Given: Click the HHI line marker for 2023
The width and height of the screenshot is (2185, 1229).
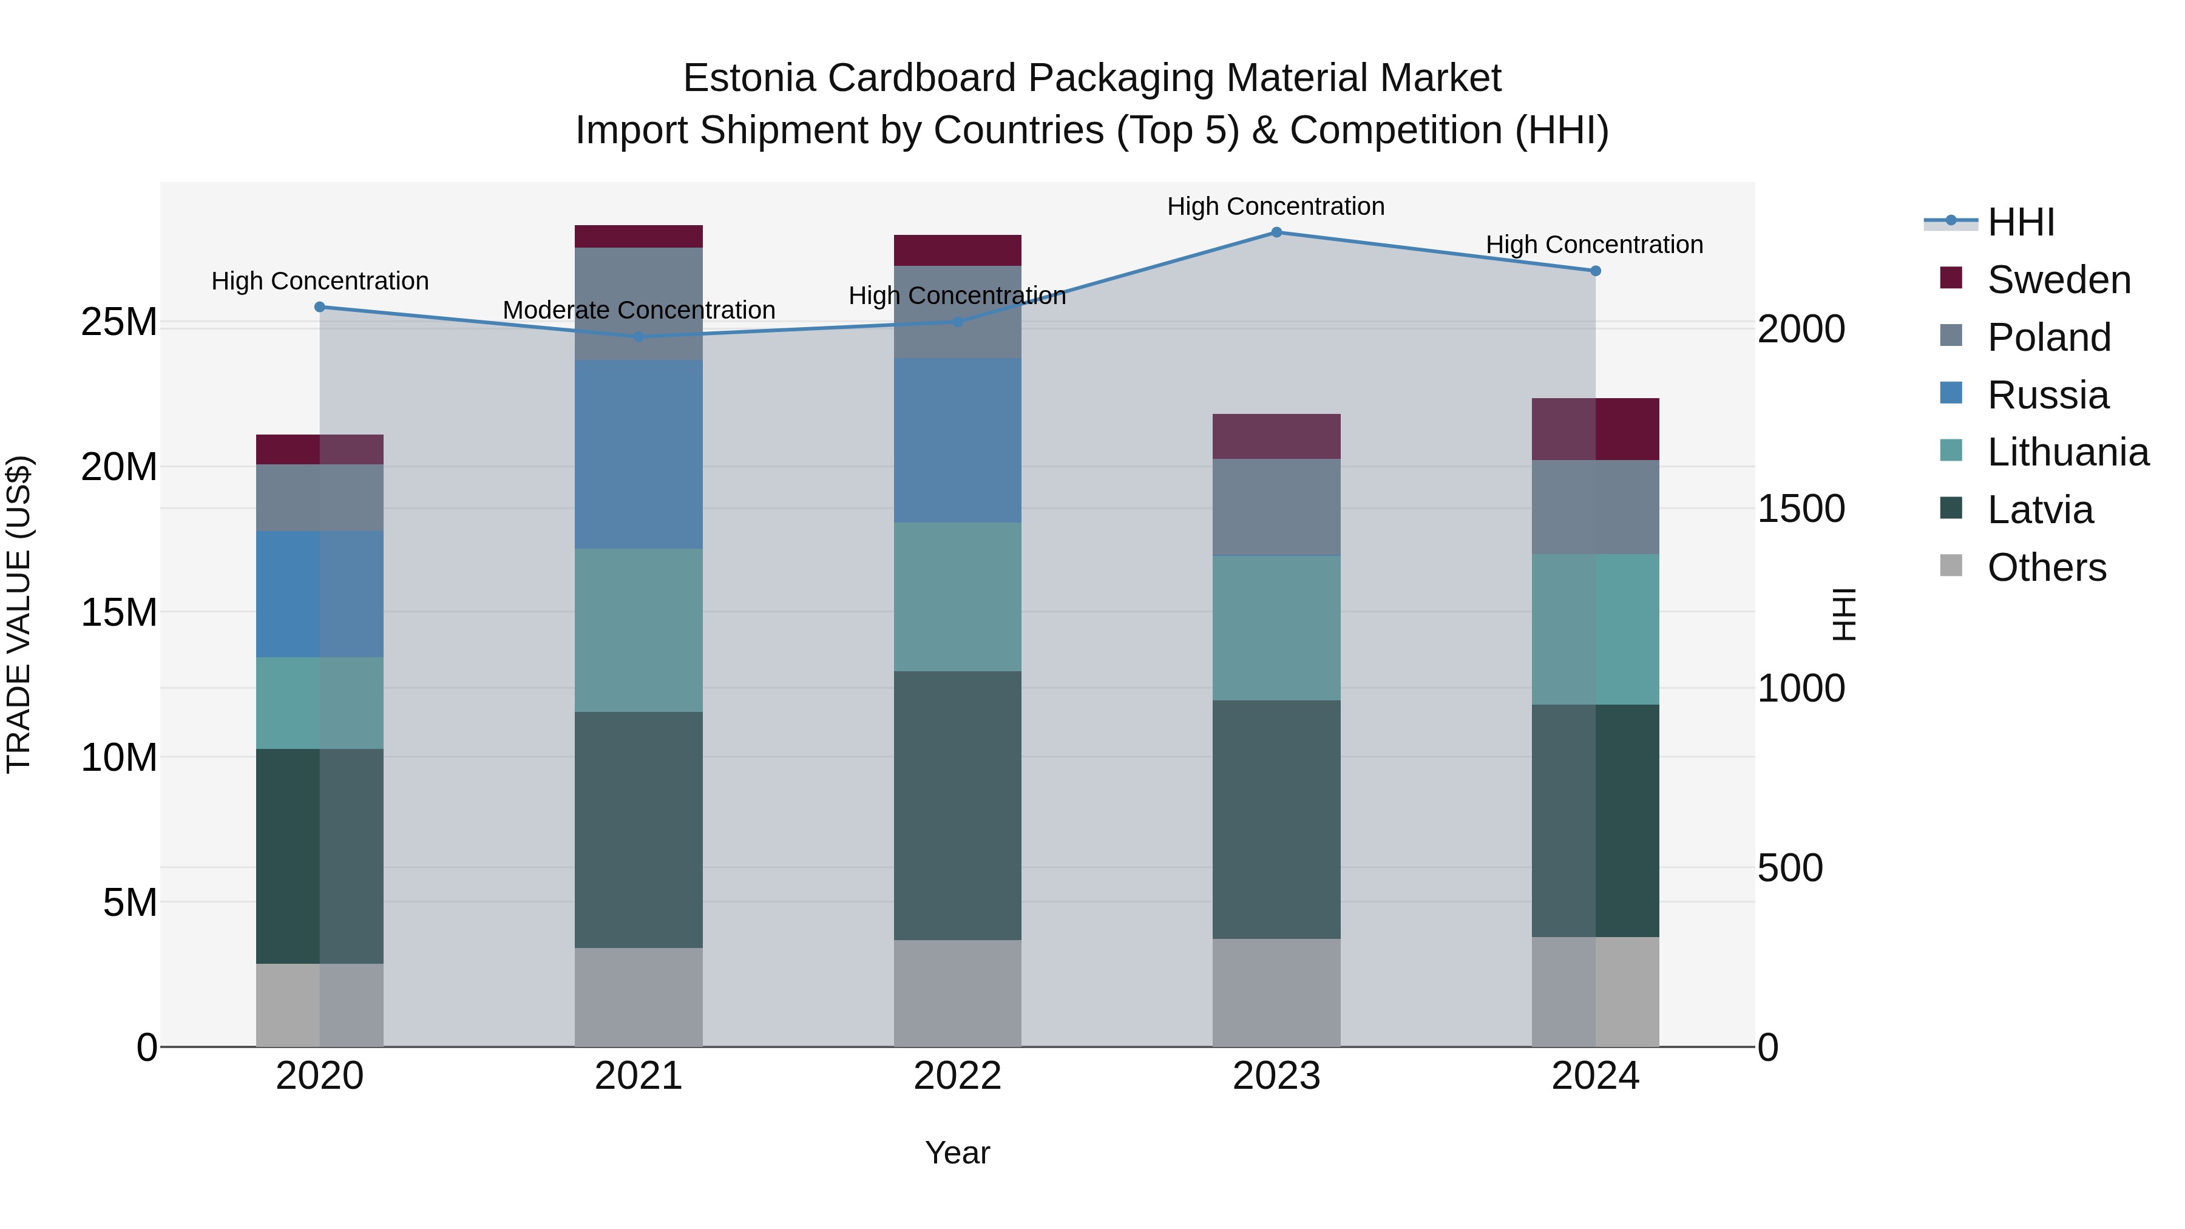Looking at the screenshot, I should [x=1276, y=232].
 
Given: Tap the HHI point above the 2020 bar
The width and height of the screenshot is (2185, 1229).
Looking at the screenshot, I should [x=320, y=307].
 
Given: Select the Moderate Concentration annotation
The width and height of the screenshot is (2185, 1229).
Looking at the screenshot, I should [x=639, y=310].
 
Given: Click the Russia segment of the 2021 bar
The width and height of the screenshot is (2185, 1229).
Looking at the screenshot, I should [x=639, y=454].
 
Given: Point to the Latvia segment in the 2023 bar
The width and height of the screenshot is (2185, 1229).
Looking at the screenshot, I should [x=1276, y=819].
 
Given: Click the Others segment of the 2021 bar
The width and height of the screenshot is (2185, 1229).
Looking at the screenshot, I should [x=639, y=997].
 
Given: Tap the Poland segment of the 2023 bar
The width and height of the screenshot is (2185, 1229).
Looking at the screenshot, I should [x=1276, y=507].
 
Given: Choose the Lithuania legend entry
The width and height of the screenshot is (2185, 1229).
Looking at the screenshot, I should [x=2067, y=452].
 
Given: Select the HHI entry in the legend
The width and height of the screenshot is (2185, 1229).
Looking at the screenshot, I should [x=2021, y=222].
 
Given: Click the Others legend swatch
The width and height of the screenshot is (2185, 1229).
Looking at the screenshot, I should [x=1951, y=566].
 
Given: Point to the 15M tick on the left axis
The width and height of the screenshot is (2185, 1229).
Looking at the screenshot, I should [x=119, y=612].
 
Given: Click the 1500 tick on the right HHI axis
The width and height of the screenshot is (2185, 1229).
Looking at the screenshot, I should [x=1801, y=509].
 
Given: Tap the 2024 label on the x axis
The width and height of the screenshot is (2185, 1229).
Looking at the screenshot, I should [x=1594, y=1076].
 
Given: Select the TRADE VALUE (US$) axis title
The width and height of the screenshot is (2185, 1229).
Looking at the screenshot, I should [x=19, y=614].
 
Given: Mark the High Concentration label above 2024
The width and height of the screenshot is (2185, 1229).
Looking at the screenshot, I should [x=1594, y=244].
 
